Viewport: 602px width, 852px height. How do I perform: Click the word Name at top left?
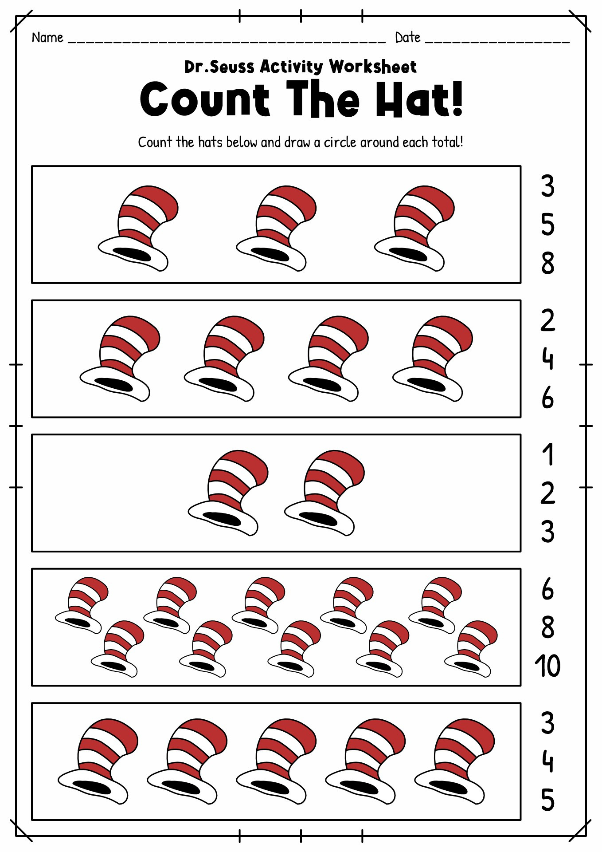(x=47, y=38)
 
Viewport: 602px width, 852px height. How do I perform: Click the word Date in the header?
(x=407, y=38)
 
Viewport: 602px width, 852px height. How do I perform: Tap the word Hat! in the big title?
(x=419, y=99)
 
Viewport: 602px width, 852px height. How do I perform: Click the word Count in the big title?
(x=204, y=99)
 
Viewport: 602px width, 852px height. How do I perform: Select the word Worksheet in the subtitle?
(x=372, y=67)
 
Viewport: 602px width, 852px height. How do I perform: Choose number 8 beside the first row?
(x=547, y=263)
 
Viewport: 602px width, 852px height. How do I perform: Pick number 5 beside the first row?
(x=547, y=225)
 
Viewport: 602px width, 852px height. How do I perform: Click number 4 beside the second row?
(x=547, y=359)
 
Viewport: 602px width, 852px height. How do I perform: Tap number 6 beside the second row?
(x=547, y=398)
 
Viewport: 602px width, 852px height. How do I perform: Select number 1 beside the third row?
(x=548, y=454)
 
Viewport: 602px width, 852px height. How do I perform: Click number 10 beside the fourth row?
(x=547, y=666)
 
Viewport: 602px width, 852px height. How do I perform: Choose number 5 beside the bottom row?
(x=547, y=800)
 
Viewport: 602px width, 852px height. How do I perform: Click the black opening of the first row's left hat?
(x=132, y=255)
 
